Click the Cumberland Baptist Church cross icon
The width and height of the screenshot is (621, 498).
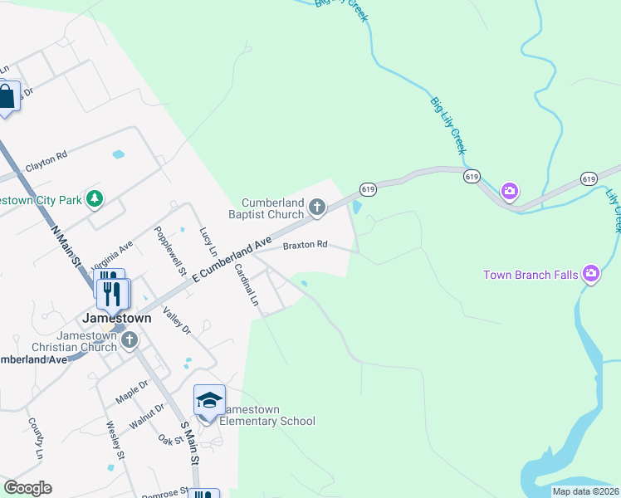click(x=316, y=207)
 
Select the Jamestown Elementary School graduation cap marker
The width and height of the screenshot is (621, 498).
click(x=209, y=402)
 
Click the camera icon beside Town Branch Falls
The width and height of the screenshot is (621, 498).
click(x=590, y=272)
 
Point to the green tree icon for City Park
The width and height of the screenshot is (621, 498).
click(x=95, y=198)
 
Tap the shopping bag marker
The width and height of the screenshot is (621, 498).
click(x=6, y=96)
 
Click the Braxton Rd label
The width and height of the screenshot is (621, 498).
click(x=306, y=245)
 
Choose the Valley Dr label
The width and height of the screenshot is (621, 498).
click(x=177, y=320)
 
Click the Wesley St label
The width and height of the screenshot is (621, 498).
click(x=115, y=441)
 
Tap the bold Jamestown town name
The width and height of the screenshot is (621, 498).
click(x=116, y=318)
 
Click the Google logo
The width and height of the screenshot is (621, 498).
click(x=27, y=488)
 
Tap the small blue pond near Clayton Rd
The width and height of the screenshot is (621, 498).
click(x=118, y=154)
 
